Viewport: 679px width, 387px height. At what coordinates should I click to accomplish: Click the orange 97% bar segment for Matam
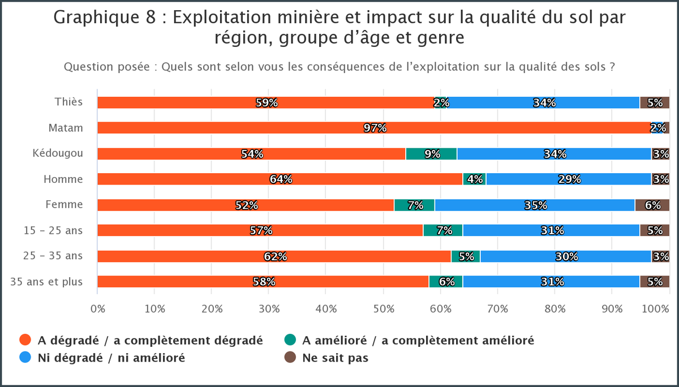point(373,128)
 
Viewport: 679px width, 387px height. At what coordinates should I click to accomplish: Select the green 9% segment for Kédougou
point(431,154)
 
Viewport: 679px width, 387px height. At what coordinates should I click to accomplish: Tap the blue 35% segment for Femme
point(535,205)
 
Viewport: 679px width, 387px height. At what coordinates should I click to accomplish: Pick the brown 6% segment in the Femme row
point(652,205)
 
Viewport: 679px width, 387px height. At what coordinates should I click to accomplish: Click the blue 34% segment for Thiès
point(544,102)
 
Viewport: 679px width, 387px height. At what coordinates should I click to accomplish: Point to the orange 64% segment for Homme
point(280,179)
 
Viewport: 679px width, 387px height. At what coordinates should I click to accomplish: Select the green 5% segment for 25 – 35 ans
point(466,256)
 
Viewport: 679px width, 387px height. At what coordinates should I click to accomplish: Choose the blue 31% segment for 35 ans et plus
point(551,282)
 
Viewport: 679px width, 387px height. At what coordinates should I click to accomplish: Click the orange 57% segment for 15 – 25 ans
point(260,230)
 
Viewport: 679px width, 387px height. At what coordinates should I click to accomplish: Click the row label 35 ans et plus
point(47,281)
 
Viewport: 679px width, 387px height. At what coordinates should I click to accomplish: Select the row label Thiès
point(68,102)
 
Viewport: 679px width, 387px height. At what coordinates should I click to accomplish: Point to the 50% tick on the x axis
point(383,309)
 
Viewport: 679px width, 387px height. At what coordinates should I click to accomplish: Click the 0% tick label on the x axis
point(98,309)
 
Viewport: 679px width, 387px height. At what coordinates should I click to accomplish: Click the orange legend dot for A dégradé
point(24,340)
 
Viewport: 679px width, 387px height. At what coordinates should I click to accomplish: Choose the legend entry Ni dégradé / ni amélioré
point(111,358)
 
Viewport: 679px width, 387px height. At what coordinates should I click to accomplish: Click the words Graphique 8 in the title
point(102,18)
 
